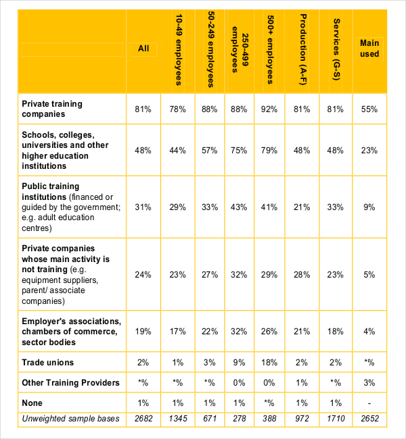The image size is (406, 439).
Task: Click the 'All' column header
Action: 143,49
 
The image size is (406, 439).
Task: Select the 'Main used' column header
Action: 369,49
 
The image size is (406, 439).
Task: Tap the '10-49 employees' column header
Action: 178,50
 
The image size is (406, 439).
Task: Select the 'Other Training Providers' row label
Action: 70,383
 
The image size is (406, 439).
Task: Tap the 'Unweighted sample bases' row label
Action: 70,419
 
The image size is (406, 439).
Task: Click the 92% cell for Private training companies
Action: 269,109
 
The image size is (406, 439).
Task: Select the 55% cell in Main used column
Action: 369,109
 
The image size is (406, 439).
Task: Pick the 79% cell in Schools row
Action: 269,151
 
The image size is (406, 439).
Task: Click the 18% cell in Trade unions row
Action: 269,363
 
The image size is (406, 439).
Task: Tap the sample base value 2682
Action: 143,419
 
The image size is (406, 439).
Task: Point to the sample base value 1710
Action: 336,419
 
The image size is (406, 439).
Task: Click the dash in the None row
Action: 369,403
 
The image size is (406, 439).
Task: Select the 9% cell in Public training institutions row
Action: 369,207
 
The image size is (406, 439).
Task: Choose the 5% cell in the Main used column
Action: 369,275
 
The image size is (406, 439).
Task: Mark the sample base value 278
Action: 240,419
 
